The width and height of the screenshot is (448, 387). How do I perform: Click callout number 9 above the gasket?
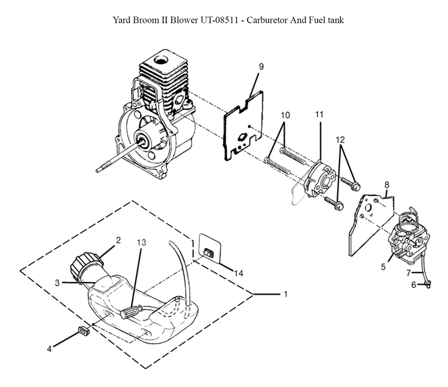[x=261, y=67]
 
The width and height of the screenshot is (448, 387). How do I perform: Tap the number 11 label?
[x=319, y=115]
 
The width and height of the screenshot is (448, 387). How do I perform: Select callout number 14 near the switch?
[x=239, y=273]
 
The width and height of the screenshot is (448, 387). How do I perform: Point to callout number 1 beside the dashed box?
[x=285, y=294]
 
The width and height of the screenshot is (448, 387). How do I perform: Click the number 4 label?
[x=50, y=347]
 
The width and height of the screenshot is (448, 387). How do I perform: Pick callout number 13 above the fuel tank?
[x=142, y=242]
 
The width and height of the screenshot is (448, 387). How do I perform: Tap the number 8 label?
[x=387, y=184]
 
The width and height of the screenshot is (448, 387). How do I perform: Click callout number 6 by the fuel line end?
[x=414, y=285]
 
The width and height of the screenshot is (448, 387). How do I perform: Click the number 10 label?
[x=285, y=115]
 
